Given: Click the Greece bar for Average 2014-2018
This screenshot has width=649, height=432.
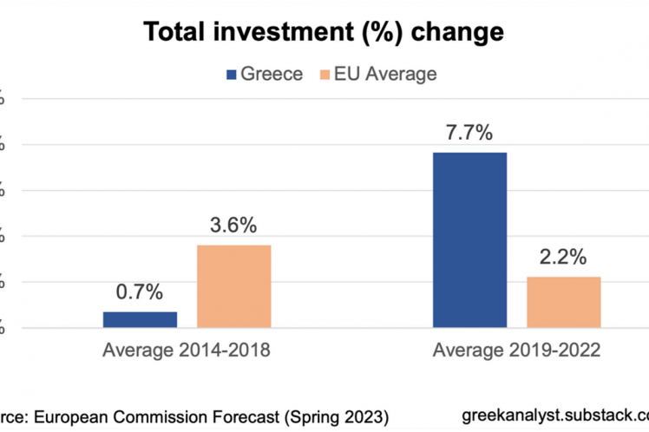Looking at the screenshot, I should [140, 319].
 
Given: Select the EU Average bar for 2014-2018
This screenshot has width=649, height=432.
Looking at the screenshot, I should [233, 286].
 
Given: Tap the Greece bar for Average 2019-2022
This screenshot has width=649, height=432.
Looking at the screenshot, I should [469, 240].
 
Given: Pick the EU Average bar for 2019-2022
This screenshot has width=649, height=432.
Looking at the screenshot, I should [563, 302].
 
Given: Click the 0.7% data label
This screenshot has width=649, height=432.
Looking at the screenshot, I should [140, 292].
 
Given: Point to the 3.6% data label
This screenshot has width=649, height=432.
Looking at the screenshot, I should [233, 226].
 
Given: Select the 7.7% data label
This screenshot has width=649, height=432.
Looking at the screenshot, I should [469, 133].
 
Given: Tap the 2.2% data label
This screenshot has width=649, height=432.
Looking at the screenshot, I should [563, 258].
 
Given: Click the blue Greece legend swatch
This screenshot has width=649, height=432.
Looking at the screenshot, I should [231, 75].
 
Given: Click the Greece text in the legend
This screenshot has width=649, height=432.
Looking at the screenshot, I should [271, 75].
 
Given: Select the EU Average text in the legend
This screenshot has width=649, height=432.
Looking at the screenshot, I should [387, 75].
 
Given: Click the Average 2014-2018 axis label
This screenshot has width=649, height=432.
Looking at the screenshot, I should [187, 351].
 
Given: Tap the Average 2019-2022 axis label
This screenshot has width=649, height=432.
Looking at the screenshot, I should [516, 351].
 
